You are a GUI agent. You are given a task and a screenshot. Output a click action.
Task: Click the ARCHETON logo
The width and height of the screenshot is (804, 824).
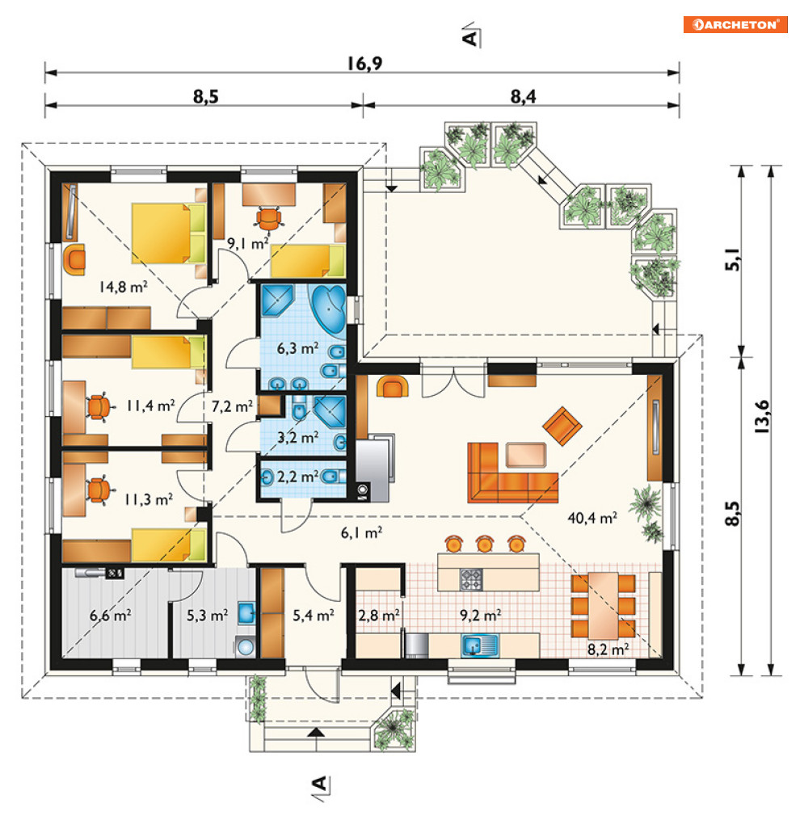tap(735, 25)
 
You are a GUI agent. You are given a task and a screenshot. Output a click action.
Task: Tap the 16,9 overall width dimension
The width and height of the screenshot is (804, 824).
tap(364, 64)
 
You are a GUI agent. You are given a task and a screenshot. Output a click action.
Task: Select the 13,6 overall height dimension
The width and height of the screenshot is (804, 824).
tap(761, 416)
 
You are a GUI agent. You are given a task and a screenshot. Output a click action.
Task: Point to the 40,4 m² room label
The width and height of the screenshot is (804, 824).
tap(592, 518)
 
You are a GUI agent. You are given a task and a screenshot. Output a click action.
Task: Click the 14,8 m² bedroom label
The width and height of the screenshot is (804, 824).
tap(123, 287)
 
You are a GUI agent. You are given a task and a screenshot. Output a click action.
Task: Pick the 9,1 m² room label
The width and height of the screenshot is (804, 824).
tap(247, 243)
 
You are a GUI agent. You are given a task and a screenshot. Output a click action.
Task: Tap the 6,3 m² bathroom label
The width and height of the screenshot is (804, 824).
tap(297, 348)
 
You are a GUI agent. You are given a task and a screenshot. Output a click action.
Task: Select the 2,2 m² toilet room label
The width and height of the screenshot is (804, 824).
tap(297, 477)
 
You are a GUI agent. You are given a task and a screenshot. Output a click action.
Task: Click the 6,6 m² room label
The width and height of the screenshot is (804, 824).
tap(111, 615)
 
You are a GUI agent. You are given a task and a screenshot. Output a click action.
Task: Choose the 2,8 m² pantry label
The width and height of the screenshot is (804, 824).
tap(379, 615)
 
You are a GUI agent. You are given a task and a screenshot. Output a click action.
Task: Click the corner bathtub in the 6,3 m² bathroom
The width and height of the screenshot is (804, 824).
tap(328, 309)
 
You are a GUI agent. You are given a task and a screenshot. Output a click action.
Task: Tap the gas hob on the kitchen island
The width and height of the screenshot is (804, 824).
tap(471, 580)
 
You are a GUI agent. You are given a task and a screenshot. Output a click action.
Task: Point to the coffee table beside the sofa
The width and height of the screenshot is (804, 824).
tap(526, 455)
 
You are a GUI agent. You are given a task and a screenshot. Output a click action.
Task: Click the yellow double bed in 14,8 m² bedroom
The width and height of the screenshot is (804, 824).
tap(168, 233)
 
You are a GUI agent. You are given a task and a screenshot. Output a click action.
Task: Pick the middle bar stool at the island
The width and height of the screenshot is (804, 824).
tap(485, 544)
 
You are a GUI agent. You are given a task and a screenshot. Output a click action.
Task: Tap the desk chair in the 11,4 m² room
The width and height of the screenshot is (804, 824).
tap(99, 406)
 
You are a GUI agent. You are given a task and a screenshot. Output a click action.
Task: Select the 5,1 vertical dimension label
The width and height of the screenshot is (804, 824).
tap(732, 259)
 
